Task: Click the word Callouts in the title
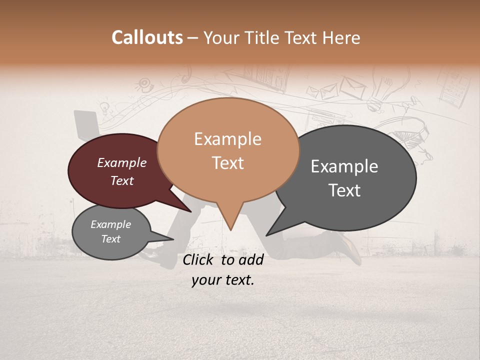point(147,37)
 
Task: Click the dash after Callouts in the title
point(193,38)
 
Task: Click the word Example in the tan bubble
point(227,139)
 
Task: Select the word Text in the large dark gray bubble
point(345,190)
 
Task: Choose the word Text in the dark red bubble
point(122,181)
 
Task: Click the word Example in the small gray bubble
point(110,224)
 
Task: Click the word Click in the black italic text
point(198,259)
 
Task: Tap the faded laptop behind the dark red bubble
point(86,123)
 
